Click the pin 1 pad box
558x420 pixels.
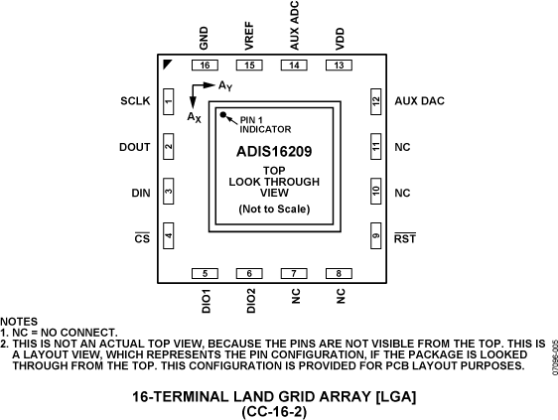(169, 102)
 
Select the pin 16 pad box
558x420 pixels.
(205, 66)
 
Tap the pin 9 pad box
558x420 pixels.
(375, 235)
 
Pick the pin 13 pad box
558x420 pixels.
(339, 66)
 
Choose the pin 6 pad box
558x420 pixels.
(249, 273)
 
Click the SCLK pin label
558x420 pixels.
(135, 101)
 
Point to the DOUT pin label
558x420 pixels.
(134, 147)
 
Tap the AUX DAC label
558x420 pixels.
(420, 101)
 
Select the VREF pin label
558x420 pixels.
(249, 36)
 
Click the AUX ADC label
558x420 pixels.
(294, 26)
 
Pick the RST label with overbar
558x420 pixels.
(405, 237)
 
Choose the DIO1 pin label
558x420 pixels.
(207, 301)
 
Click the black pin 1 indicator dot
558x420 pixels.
(223, 114)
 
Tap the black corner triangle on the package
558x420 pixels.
(166, 64)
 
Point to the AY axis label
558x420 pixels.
(225, 86)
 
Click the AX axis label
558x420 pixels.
(195, 117)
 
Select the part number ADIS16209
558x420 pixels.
(274, 152)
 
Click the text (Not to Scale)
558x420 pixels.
(274, 209)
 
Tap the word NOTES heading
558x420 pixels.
(19, 322)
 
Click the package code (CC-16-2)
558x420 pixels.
(274, 412)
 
